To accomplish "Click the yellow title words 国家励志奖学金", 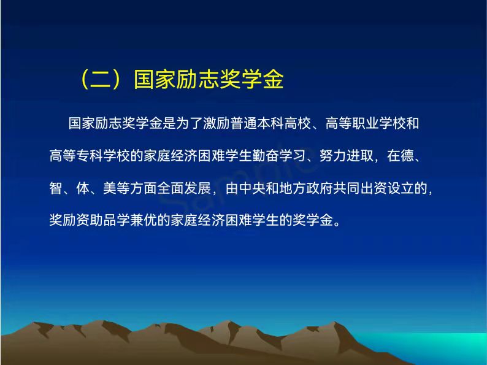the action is tap(209, 80).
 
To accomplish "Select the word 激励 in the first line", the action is tap(217, 123).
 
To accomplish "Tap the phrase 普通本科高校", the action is tap(271, 123).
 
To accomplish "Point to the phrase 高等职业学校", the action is tap(366, 123).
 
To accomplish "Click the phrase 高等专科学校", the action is tap(90, 156).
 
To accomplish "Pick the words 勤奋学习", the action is tap(278, 156).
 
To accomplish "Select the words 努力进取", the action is tap(347, 156).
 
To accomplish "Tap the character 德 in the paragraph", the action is tap(407, 156).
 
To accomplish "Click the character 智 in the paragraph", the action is tap(56, 188).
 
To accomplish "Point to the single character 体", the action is tap(83, 188).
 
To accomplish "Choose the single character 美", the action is tap(110, 188).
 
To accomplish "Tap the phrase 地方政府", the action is tap(306, 188).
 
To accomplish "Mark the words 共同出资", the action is tap(360, 188).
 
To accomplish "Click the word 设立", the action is tap(401, 188).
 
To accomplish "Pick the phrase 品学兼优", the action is tap(131, 220).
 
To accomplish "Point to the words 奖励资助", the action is tap(77, 220).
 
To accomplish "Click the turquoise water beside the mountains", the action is tap(435, 345).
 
